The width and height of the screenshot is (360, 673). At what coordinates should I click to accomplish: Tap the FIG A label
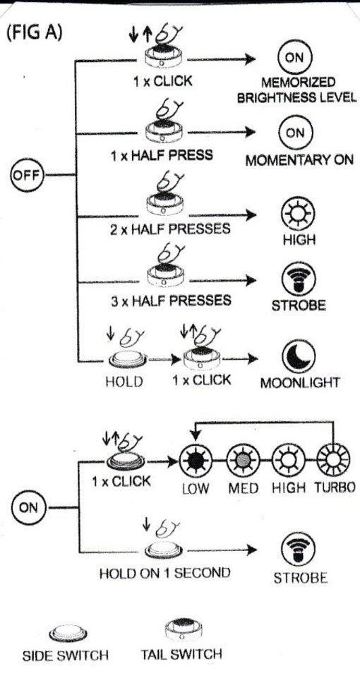(x=35, y=33)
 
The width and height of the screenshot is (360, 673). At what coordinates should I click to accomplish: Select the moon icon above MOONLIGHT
(x=299, y=357)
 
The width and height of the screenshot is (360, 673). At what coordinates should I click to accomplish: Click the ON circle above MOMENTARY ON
(x=295, y=133)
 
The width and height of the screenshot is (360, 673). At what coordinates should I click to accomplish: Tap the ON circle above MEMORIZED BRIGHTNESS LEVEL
(x=295, y=58)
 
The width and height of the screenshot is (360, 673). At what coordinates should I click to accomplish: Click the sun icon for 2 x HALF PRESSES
(x=298, y=213)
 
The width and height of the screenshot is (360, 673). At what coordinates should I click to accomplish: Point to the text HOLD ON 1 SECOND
(x=165, y=574)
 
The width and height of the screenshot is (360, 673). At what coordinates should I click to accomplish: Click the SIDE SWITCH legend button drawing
(x=68, y=633)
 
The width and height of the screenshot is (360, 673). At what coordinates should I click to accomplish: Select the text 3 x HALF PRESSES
(x=171, y=300)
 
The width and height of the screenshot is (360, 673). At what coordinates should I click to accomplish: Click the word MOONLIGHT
(x=300, y=382)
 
